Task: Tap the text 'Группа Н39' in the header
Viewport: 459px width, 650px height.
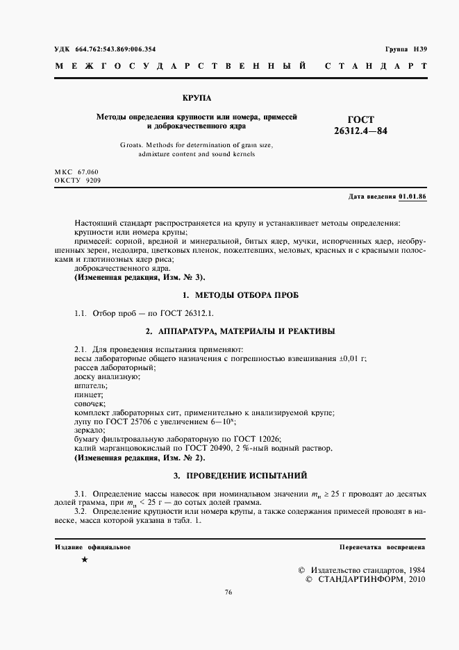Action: click(x=406, y=49)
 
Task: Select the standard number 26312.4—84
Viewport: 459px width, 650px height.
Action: click(x=361, y=131)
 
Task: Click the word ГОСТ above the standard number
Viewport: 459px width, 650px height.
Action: click(x=360, y=119)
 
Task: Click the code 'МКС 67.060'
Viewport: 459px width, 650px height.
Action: click(x=76, y=172)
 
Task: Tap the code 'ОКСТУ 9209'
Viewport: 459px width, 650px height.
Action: click(x=76, y=180)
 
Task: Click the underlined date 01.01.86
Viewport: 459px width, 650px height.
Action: click(x=412, y=197)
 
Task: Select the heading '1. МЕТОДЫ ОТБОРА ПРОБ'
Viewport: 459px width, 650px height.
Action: click(x=240, y=295)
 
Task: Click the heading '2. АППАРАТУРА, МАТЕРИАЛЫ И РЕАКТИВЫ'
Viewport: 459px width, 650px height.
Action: click(x=240, y=331)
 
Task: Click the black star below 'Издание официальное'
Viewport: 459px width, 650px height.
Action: click(x=85, y=559)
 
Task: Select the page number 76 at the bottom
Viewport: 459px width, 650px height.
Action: click(x=228, y=592)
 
